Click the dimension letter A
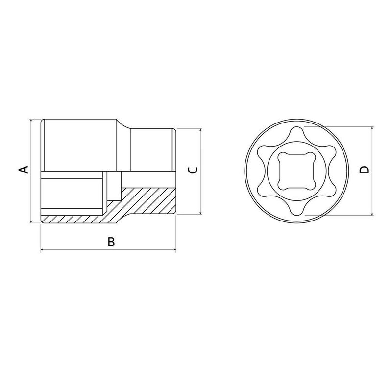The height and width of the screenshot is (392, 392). tap(24, 170)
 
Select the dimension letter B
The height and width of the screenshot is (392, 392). tap(111, 242)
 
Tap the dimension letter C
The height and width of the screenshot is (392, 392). tap(193, 170)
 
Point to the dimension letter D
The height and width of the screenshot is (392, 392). tap(364, 170)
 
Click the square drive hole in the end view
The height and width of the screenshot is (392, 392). tap(296, 171)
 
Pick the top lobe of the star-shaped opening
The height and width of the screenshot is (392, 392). tap(296, 132)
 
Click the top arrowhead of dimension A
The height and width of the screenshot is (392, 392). tap(31, 121)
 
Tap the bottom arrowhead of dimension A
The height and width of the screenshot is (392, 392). tap(31, 221)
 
